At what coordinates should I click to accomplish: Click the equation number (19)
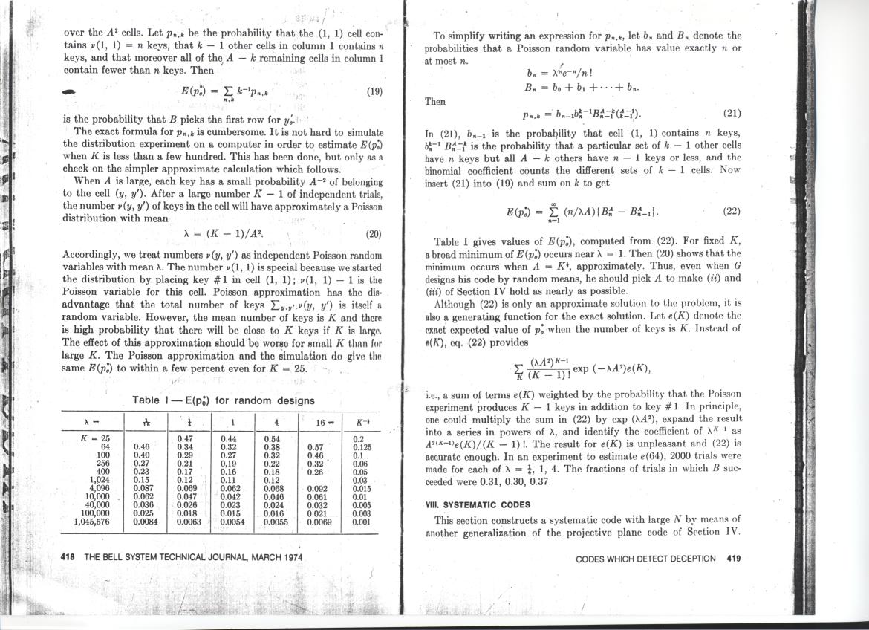[x=374, y=93]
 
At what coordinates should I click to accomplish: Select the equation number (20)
[x=374, y=233]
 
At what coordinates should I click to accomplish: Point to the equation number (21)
[x=732, y=114]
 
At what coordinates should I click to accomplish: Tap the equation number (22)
[x=732, y=211]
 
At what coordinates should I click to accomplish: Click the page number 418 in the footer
[x=68, y=557]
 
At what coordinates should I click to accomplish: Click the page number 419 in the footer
[x=734, y=559]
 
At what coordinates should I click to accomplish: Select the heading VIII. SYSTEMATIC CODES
[x=478, y=504]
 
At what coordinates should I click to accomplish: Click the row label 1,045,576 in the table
[x=92, y=522]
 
